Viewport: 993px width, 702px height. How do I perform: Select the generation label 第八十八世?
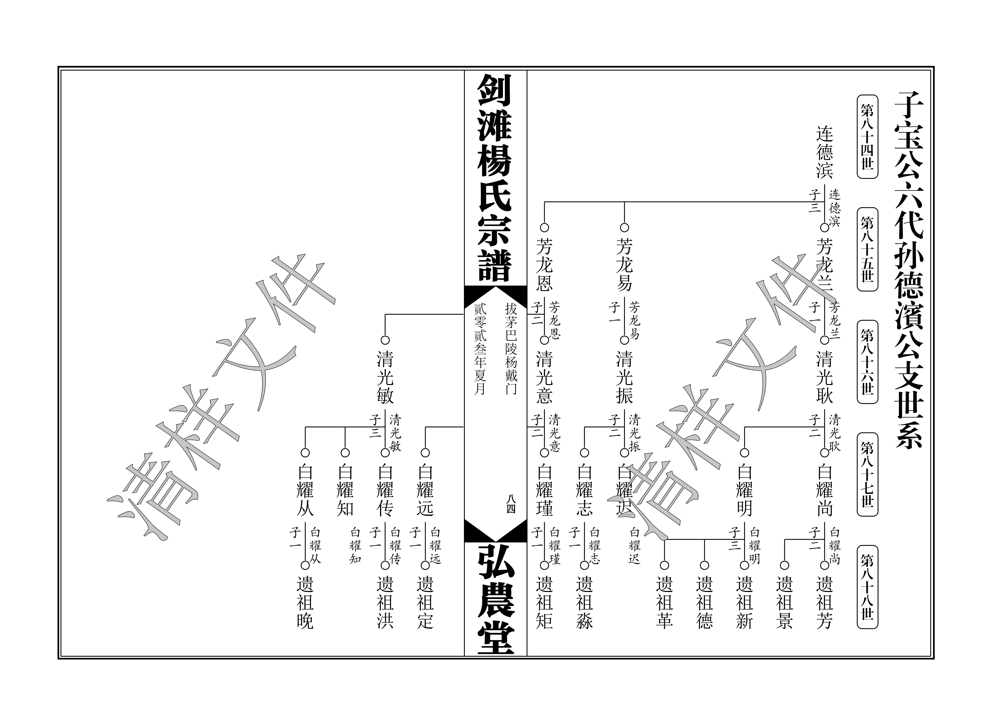pyautogui.click(x=867, y=587)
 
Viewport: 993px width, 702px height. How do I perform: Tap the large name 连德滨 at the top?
pyautogui.click(x=825, y=152)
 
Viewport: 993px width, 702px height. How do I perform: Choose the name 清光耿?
pyautogui.click(x=825, y=378)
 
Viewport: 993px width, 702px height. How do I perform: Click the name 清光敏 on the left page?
pyautogui.click(x=385, y=378)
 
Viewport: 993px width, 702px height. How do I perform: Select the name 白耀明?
pyautogui.click(x=744, y=490)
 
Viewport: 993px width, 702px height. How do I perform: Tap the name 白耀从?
pyautogui.click(x=305, y=490)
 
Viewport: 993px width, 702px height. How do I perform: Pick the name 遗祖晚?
pyautogui.click(x=305, y=603)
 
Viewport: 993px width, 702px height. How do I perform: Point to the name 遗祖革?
pyautogui.click(x=664, y=603)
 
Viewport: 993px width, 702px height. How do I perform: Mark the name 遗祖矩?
pyautogui.click(x=545, y=603)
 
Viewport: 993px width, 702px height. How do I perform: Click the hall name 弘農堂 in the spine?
pyautogui.click(x=496, y=599)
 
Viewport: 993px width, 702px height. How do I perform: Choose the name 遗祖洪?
pyautogui.click(x=385, y=603)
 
